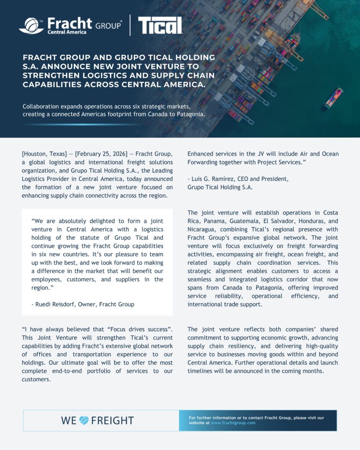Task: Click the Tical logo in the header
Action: (x=160, y=25)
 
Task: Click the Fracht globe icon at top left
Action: (x=31, y=25)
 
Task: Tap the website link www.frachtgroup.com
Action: (x=233, y=423)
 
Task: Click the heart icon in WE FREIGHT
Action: (x=84, y=421)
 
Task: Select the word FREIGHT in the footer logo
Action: (x=113, y=421)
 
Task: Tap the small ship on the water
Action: (x=333, y=98)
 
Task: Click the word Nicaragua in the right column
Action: (x=205, y=229)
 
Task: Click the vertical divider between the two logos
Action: (x=130, y=25)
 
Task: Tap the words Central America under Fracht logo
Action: (x=67, y=32)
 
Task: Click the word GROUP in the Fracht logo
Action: (x=108, y=25)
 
